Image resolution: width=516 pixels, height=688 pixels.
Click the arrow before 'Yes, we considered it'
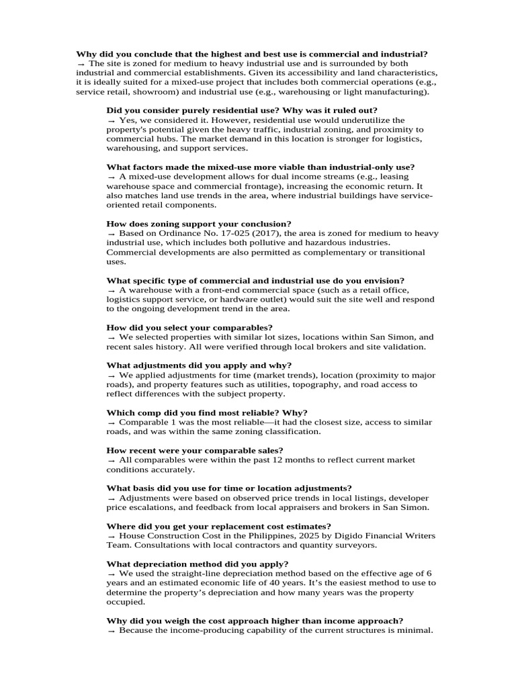click(x=111, y=120)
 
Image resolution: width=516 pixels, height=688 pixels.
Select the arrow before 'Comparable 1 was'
click(x=111, y=422)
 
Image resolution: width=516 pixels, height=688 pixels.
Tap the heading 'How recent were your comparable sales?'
click(x=195, y=450)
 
